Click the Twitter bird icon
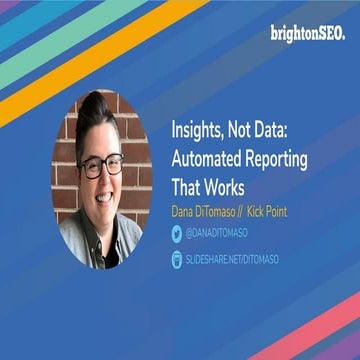click(x=176, y=233)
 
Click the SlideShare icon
click(x=176, y=259)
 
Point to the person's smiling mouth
click(x=103, y=196)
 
